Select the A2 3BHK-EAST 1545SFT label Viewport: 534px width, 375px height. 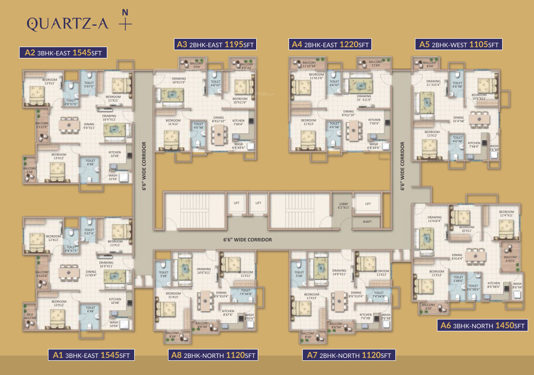[63, 53]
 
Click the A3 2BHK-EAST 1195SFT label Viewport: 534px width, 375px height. [216, 45]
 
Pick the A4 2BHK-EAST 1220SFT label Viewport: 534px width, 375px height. [330, 45]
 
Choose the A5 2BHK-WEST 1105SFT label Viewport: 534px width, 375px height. [459, 45]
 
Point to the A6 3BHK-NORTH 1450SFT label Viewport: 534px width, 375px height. [483, 325]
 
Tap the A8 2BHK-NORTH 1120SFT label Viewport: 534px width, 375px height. [213, 355]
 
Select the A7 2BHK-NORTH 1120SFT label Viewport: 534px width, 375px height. [349, 355]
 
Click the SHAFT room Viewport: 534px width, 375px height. [367, 222]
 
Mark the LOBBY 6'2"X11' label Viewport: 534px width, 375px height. [343, 206]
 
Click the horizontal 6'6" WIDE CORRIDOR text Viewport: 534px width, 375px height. [247, 240]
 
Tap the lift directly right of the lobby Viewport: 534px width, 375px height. [368, 204]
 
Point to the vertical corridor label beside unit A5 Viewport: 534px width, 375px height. [402, 166]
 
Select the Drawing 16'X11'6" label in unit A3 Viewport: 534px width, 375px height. [179, 81]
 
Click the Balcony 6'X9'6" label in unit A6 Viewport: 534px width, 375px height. [510, 259]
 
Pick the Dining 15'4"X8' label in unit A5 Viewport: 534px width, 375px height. [458, 119]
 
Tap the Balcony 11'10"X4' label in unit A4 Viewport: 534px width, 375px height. [309, 64]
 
